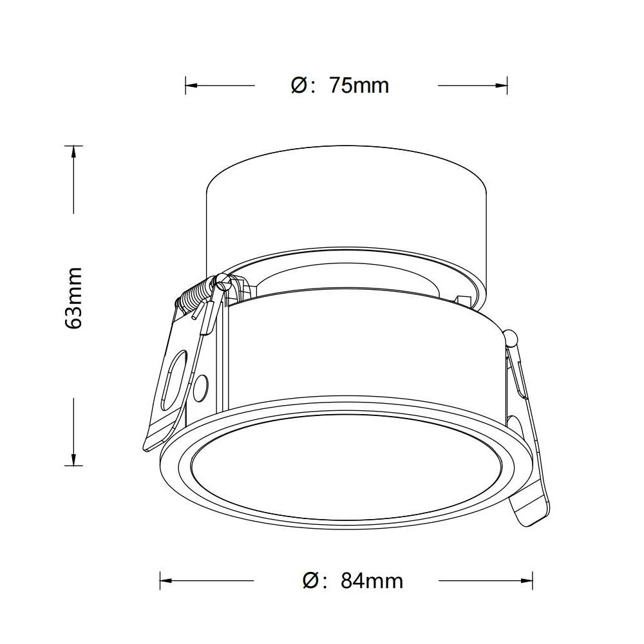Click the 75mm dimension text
[359, 85]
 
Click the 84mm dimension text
[372, 581]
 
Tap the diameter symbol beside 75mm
[299, 85]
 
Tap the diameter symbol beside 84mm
[311, 581]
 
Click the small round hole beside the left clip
[200, 387]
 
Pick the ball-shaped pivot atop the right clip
[512, 337]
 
